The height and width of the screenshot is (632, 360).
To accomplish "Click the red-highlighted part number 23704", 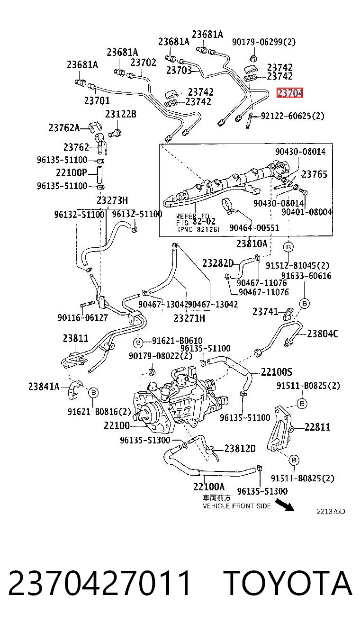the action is pyautogui.click(x=290, y=92).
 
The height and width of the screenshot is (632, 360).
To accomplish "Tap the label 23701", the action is pyautogui.click(x=97, y=100).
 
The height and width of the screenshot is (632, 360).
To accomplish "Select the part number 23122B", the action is pyautogui.click(x=121, y=114).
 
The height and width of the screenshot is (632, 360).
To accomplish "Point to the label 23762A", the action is pyautogui.click(x=64, y=128).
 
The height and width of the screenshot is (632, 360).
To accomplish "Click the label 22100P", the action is pyautogui.click(x=72, y=172).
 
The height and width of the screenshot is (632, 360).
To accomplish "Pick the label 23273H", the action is pyautogui.click(x=112, y=200).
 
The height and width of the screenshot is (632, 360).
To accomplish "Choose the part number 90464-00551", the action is pyautogui.click(x=254, y=228).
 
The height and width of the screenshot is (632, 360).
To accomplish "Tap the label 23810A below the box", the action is pyautogui.click(x=252, y=244).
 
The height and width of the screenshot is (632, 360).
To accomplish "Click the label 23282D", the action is pyautogui.click(x=218, y=263).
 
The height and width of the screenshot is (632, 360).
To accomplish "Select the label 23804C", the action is pyautogui.click(x=323, y=334).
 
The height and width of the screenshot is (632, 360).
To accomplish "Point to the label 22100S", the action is pyautogui.click(x=277, y=372).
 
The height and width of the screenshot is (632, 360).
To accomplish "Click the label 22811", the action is pyautogui.click(x=317, y=427).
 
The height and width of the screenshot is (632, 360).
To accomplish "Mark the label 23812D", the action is pyautogui.click(x=240, y=448).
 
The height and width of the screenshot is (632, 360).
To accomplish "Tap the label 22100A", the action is pyautogui.click(x=209, y=487).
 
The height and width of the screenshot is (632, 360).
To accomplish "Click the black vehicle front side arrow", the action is pyautogui.click(x=285, y=505).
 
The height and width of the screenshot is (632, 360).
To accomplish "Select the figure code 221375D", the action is pyautogui.click(x=331, y=512).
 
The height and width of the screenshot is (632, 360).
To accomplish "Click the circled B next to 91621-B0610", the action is pyautogui.click(x=138, y=343).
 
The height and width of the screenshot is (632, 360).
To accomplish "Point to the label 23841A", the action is pyautogui.click(x=44, y=386).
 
